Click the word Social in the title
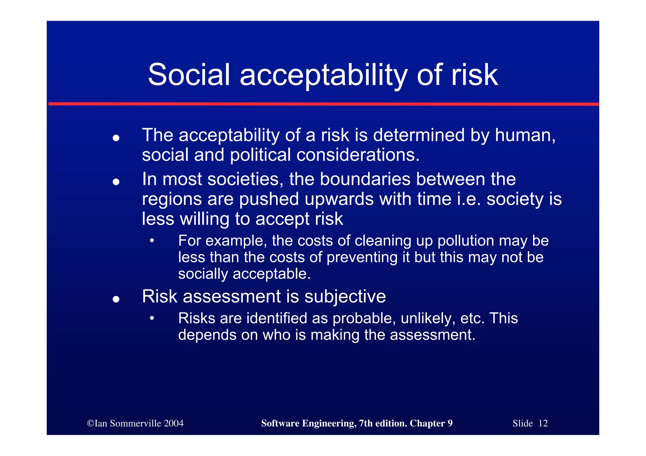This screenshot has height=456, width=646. point(189,75)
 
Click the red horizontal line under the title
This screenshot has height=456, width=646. point(323,104)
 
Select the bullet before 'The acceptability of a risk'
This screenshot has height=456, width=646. point(116,138)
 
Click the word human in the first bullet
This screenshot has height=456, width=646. point(524,136)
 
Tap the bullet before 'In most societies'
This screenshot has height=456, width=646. point(116,182)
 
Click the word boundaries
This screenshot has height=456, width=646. point(365,179)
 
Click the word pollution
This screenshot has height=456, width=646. point(466,241)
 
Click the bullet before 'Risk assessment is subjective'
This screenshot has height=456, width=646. point(116,299)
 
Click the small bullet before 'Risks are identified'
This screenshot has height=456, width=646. point(152,318)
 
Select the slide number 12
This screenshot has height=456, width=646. point(543,423)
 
